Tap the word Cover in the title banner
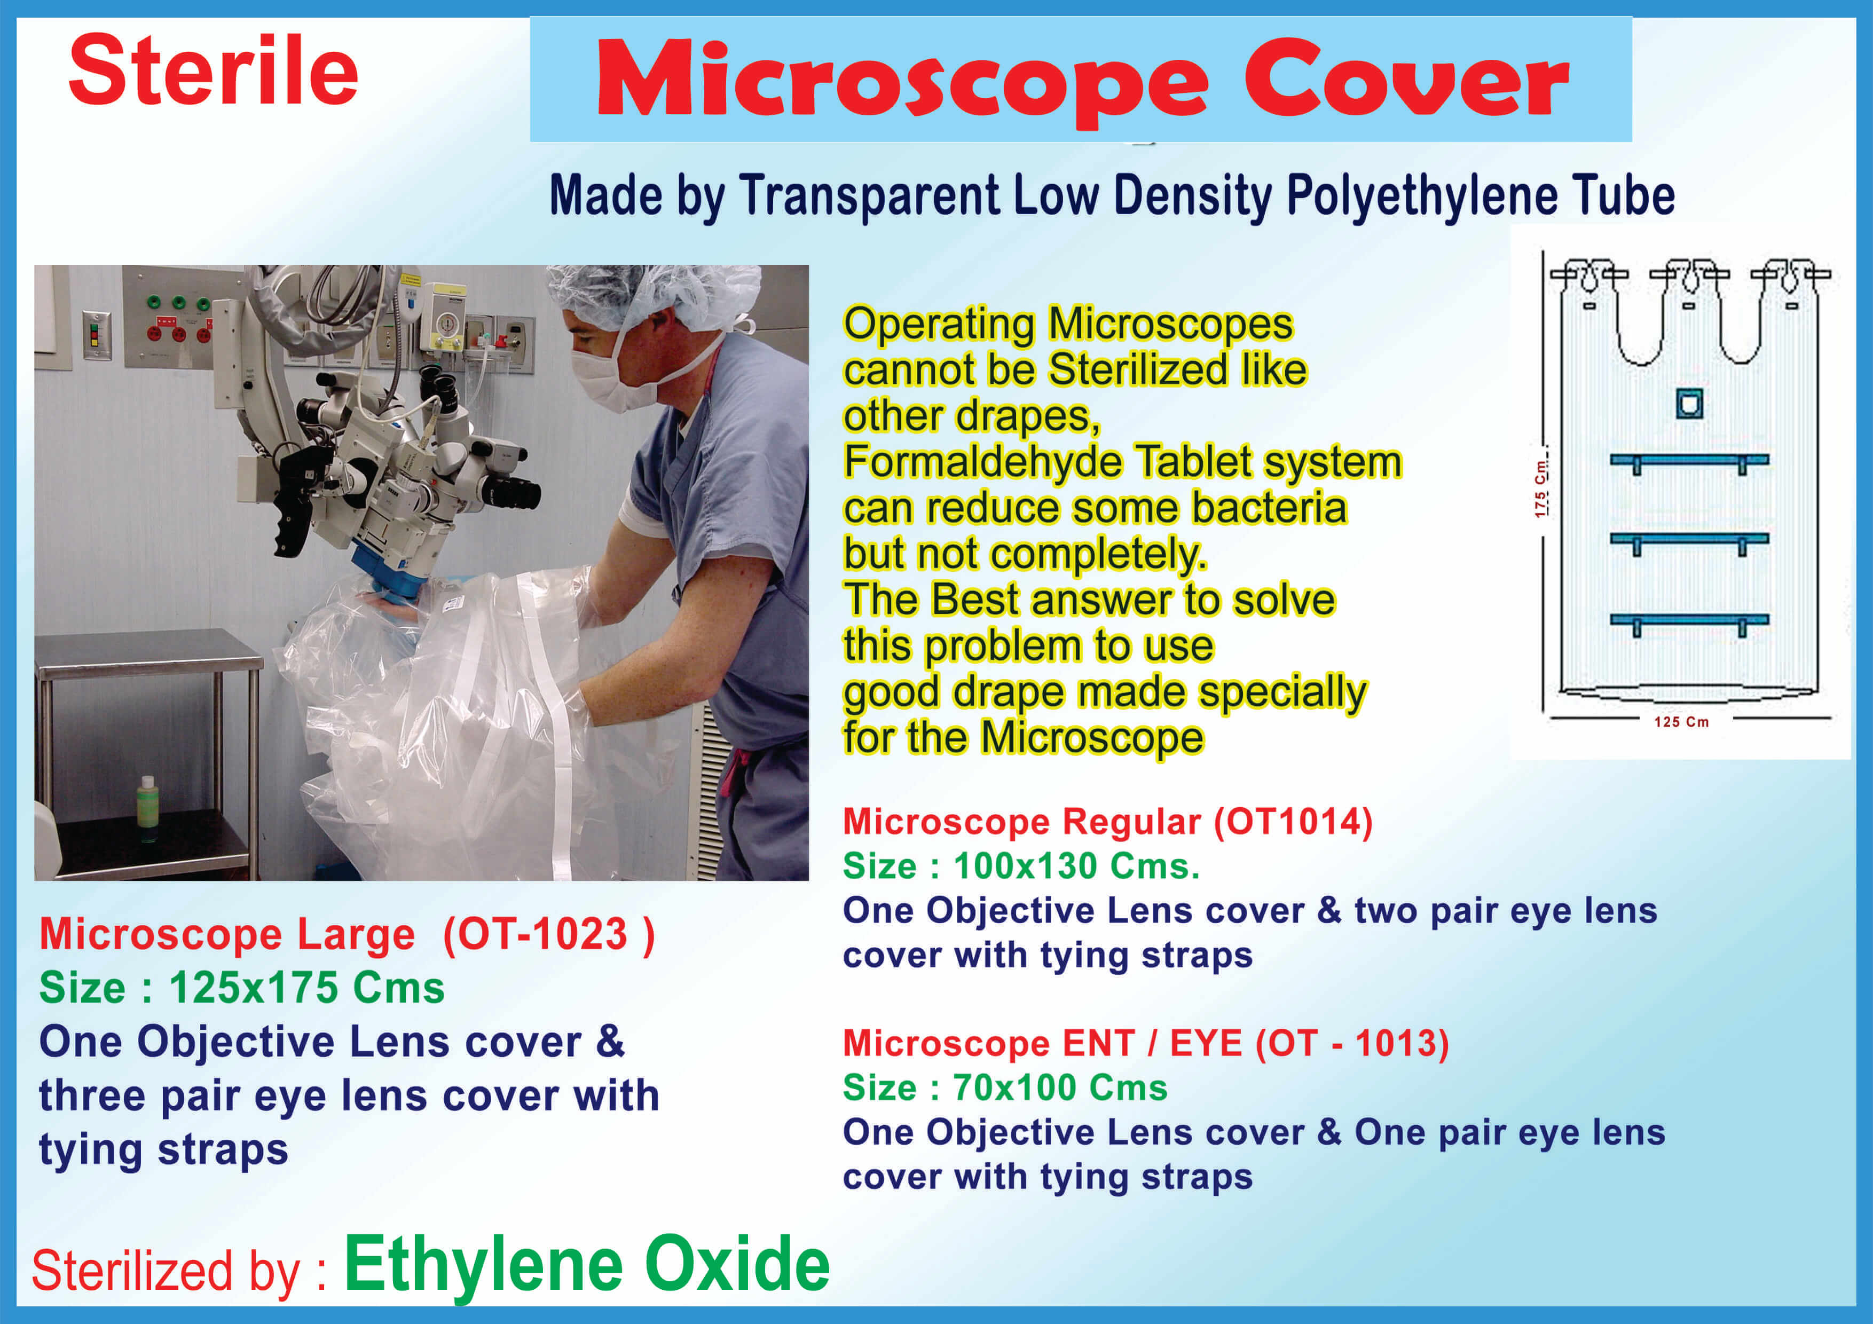tap(1406, 78)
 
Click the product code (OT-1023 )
tap(548, 934)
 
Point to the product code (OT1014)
tap(1293, 822)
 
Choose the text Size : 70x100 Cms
tap(1005, 1087)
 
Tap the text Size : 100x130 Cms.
tap(1021, 865)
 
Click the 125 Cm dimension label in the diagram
tap(1681, 722)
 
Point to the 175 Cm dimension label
tap(1540, 488)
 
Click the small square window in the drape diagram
tap(1689, 403)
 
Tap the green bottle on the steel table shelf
tap(147, 808)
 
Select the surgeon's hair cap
tap(652, 295)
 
